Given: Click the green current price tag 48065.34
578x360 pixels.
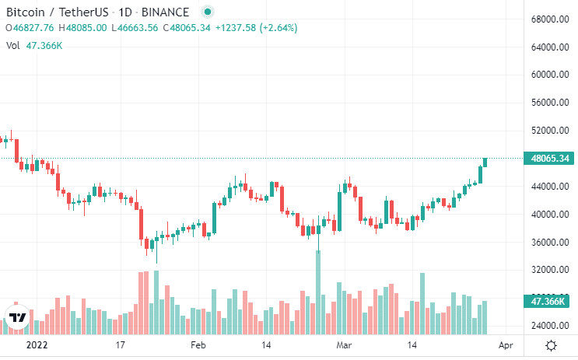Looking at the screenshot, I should [x=550, y=159].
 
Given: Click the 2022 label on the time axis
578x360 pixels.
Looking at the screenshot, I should [x=37, y=344].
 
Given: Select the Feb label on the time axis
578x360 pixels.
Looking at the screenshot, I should [x=198, y=344].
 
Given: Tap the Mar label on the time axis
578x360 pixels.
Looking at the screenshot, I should [x=345, y=344].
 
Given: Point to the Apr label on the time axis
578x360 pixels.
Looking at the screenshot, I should [x=506, y=344].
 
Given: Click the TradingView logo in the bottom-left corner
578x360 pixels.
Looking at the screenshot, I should [x=17, y=317].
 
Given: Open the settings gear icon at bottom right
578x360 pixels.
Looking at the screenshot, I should [x=551, y=344].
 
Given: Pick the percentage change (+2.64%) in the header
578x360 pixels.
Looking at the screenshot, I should [x=275, y=28].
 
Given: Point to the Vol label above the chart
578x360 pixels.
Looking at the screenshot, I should [x=12, y=46].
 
